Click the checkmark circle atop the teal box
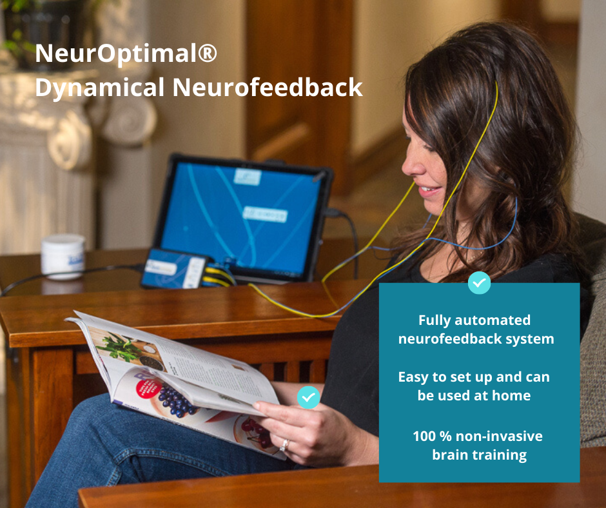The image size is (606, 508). [479, 282]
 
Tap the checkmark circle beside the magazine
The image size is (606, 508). [308, 396]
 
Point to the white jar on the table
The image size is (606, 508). [63, 256]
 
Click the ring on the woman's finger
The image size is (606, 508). [284, 445]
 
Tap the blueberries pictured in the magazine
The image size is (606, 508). [175, 400]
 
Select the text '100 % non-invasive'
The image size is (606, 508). [478, 436]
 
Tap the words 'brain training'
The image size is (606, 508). [479, 455]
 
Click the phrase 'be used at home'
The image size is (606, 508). [474, 396]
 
